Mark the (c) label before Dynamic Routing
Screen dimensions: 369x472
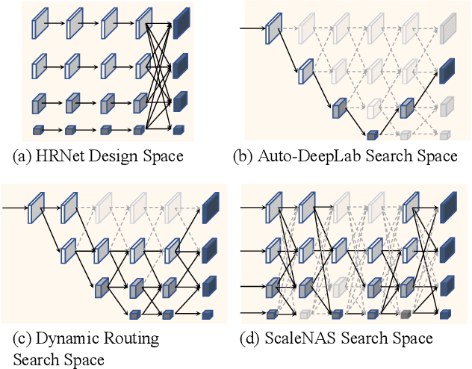click(27, 338)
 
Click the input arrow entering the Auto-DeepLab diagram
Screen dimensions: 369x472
click(252, 29)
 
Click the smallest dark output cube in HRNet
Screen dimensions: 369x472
click(178, 131)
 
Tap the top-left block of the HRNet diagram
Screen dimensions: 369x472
click(39, 28)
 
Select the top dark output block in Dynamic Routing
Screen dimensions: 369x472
click(211, 207)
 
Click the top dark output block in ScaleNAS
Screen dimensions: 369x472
click(448, 208)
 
